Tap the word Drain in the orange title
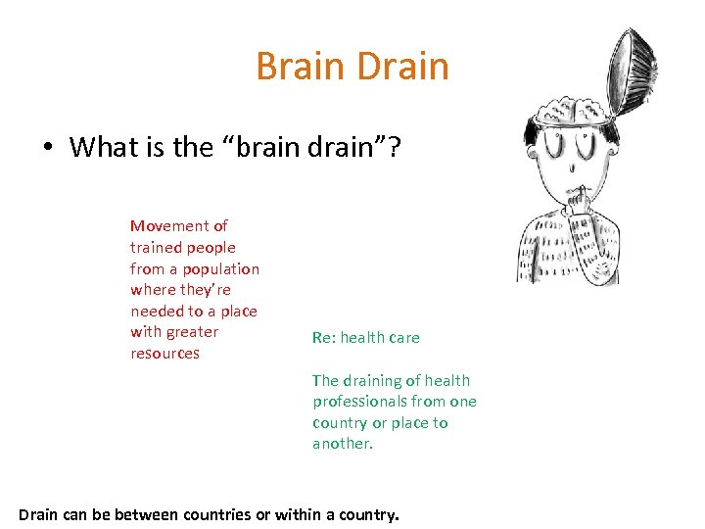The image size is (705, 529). pos(403,67)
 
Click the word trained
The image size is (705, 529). pos(155,248)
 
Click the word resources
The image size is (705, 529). pos(164,354)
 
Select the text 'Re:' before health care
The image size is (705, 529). pos(323,338)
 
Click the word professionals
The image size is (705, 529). pos(363,402)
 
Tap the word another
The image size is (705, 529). pos(343,444)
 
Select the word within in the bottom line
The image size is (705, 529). pos(298,513)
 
